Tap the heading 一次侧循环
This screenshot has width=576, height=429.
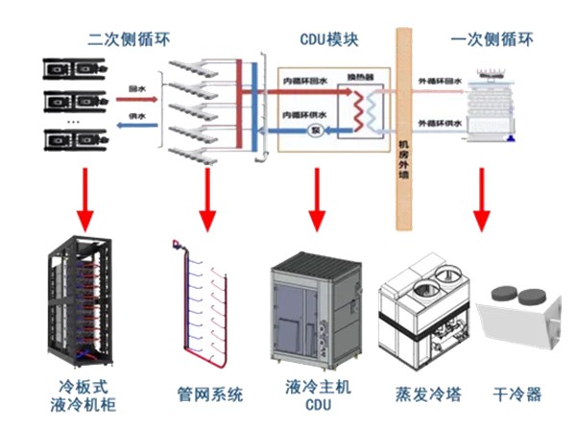492,40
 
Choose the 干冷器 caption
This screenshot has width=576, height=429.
516,393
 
